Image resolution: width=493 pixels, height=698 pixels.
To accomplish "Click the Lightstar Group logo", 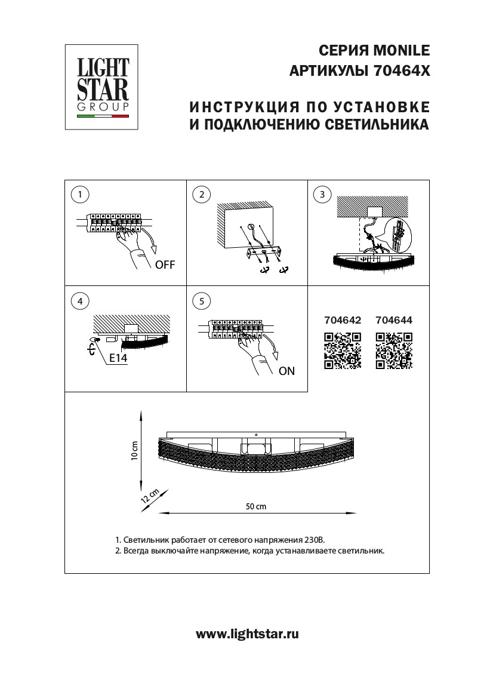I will pos(101,87).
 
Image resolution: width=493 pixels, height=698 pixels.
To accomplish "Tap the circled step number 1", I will pos(79,194).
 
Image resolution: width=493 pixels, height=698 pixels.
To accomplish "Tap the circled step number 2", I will pos(202,194).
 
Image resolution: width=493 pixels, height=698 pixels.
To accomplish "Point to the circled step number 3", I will pos(322,194).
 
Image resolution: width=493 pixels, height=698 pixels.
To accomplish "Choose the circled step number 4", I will pos(79,301).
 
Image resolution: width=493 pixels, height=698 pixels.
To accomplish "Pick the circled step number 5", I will pos(202,301).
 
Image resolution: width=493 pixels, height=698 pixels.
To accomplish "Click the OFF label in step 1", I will pos(165,265).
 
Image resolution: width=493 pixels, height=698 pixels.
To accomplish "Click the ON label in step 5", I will pos(286,371).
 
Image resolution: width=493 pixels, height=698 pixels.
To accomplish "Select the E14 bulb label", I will pos(118,359).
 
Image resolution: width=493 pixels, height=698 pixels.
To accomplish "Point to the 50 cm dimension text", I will pos(256,506).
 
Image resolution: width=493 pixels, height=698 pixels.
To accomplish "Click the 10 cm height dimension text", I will pos(135,451).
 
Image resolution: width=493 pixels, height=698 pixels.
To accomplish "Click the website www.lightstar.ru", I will pos(247,634).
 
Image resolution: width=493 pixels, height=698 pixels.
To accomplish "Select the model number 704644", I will pos(394,320).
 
